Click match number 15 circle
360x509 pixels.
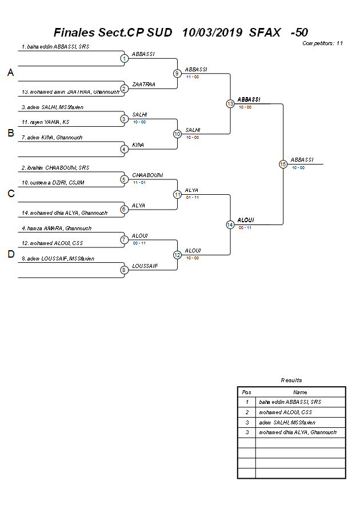[283, 164]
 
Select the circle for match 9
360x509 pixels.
[178, 73]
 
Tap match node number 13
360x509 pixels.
[230, 103]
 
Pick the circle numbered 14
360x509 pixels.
[230, 225]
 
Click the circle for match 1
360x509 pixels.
[125, 58]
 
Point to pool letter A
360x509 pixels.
[10, 73]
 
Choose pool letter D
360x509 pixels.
[10, 254]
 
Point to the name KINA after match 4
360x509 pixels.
[138, 145]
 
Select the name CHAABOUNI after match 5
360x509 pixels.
[147, 175]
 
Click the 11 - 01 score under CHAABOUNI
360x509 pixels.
[139, 182]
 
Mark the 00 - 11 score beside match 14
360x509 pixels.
[245, 227]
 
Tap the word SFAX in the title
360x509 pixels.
[265, 33]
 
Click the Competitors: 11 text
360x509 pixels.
[322, 43]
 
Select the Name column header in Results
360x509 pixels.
[300, 392]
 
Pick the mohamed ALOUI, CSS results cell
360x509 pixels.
[285, 412]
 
